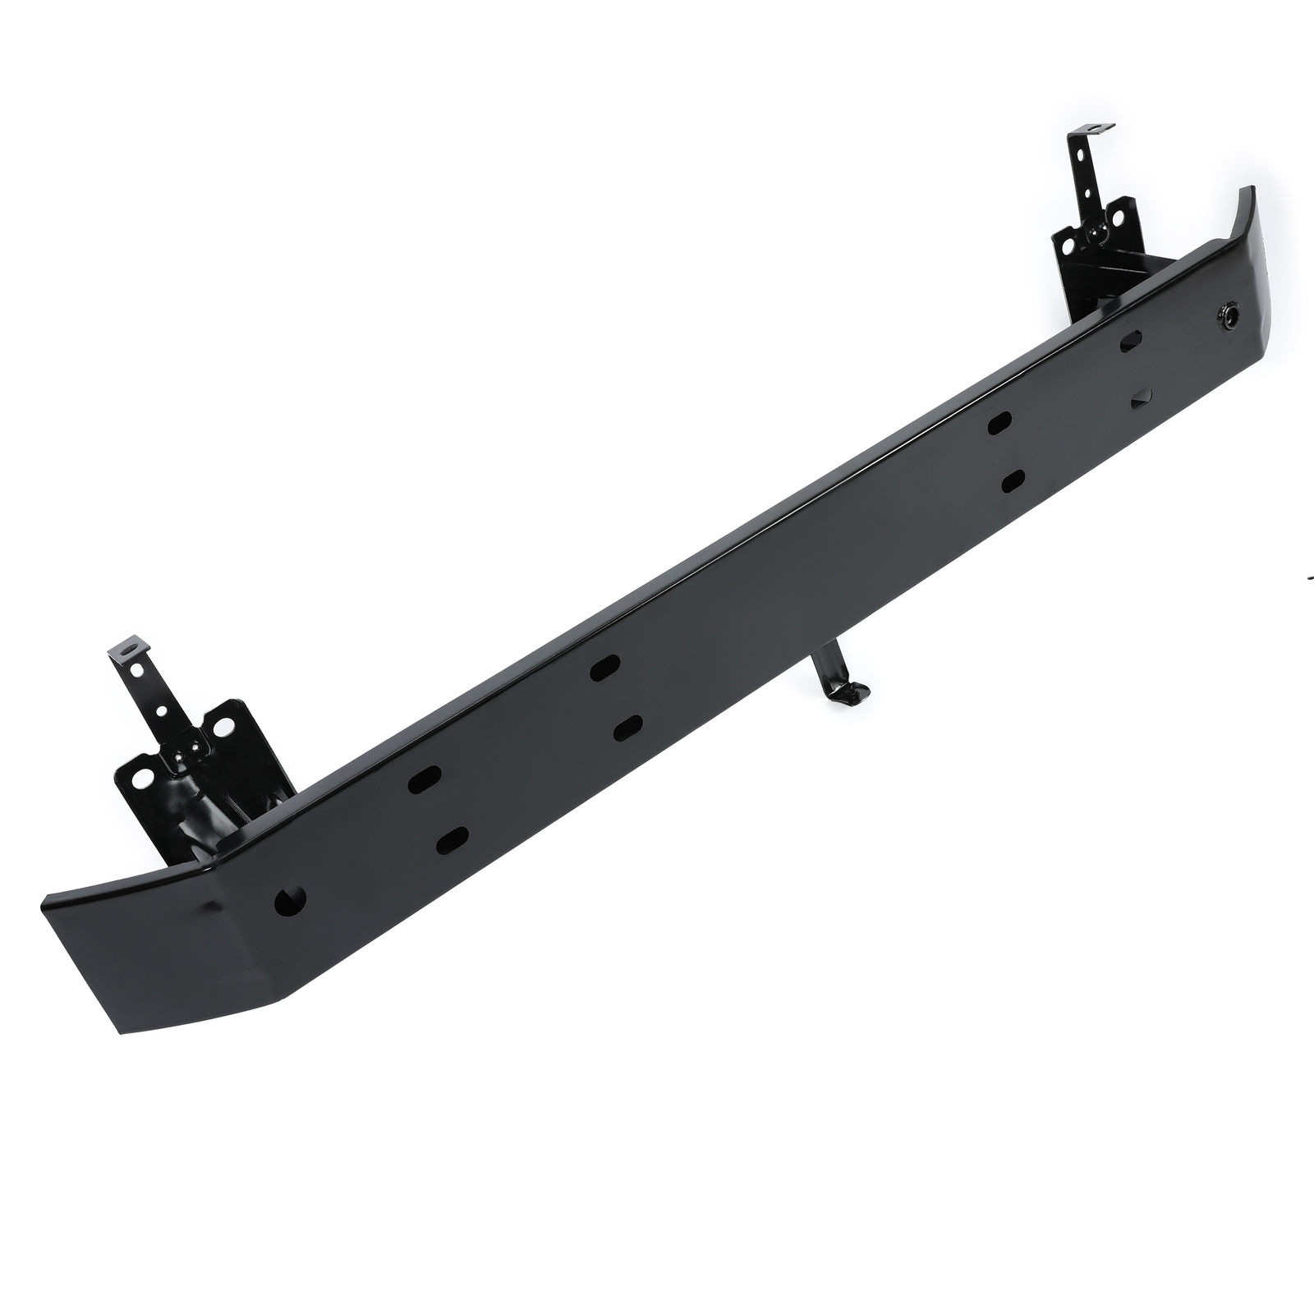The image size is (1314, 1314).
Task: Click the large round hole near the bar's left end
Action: [x=291, y=901]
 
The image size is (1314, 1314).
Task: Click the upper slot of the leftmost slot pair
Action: [x=425, y=779]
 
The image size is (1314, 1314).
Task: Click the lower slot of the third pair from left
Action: [x=1013, y=480]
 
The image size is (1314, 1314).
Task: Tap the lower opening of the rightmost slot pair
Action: [x=1142, y=399]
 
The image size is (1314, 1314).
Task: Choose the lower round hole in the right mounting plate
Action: [x=1068, y=246]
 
